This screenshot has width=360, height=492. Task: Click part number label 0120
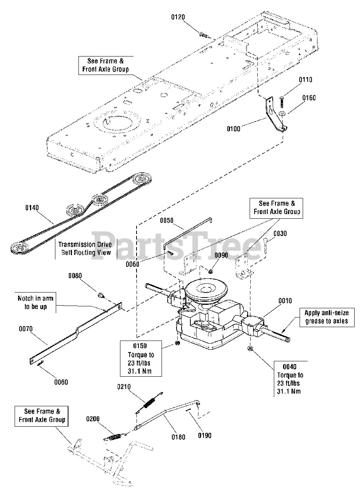178,17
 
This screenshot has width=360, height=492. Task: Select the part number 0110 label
306,80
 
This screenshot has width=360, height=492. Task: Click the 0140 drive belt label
32,208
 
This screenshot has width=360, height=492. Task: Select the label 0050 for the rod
167,220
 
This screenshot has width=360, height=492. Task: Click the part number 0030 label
280,233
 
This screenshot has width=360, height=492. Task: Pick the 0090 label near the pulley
221,255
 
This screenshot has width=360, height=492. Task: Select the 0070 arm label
25,329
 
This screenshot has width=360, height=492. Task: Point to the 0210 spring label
124,387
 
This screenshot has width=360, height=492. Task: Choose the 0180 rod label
178,437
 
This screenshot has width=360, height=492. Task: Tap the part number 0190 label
205,435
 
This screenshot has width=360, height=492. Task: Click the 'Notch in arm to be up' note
35,303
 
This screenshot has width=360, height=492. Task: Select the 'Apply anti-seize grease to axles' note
327,317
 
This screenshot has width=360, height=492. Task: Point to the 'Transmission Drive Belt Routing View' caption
85,248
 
